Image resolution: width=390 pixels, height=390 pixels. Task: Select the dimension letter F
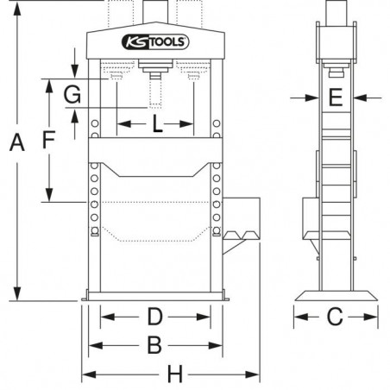50,137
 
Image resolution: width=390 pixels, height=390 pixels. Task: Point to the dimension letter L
157,124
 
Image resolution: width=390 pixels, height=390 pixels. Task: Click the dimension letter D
152,314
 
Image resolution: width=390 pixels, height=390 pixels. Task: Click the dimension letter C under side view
336,318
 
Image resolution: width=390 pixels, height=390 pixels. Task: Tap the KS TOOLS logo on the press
158,42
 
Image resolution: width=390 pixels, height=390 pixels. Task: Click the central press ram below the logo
157,86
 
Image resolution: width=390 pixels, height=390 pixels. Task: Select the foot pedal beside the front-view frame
242,234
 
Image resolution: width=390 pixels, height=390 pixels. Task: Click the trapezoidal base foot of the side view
336,296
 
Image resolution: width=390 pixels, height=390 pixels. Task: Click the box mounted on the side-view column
307,220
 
